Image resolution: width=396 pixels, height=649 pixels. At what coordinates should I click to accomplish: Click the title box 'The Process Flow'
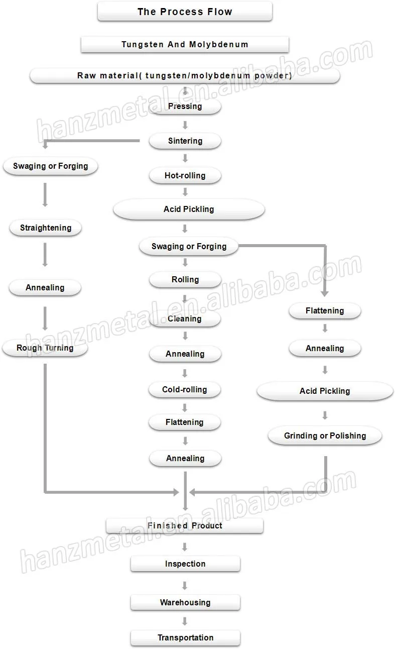pos(185,12)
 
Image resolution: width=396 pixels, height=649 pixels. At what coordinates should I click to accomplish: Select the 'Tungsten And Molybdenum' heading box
pos(185,44)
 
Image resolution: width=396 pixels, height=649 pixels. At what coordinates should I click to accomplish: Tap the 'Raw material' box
pos(185,76)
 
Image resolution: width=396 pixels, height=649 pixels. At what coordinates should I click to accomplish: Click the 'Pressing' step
pos(185,106)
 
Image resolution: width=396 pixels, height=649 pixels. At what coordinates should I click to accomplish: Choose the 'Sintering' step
pos(185,141)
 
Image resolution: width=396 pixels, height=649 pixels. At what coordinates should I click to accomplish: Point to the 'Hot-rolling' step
pos(185,176)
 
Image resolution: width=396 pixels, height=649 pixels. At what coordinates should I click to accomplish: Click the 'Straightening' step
pos(45,228)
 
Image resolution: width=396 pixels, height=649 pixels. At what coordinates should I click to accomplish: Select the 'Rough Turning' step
pos(45,348)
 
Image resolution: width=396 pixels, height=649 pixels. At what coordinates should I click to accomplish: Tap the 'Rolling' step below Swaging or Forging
pos(185,280)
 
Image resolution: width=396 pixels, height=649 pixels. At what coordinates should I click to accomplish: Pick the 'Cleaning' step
pos(185,318)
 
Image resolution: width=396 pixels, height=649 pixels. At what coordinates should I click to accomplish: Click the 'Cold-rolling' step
pos(185,390)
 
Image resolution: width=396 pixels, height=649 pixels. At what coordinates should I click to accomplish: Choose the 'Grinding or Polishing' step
pos(325,436)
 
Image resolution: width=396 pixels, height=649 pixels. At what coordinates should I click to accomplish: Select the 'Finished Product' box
pos(185,526)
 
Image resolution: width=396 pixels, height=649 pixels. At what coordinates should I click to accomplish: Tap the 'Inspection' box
pos(185,564)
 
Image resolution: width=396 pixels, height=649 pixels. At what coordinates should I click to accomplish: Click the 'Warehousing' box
pos(185,603)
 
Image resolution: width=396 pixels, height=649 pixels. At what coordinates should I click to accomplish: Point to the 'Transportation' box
pos(185,638)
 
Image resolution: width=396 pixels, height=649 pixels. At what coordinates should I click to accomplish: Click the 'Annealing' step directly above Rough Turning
pos(45,288)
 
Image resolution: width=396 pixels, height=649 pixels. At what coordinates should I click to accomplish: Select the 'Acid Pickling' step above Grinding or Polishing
pos(325,391)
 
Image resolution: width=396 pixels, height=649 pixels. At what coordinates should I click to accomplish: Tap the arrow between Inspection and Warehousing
pos(185,585)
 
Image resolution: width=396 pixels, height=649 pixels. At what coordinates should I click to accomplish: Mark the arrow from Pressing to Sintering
pos(185,125)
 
